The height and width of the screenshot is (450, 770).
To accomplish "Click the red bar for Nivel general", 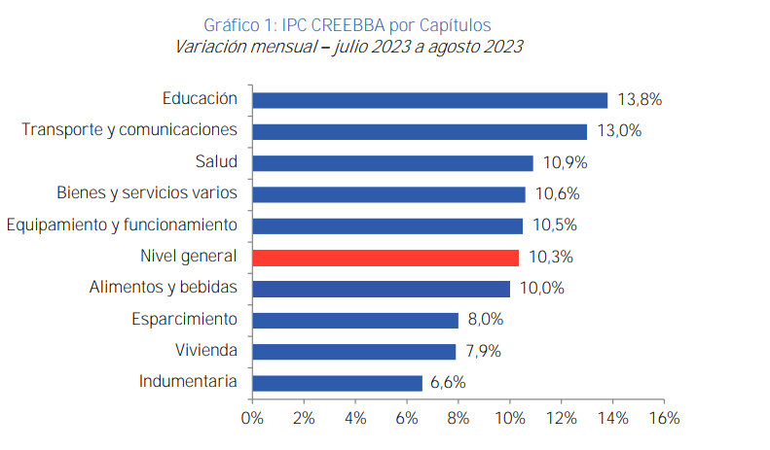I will (x=385, y=258).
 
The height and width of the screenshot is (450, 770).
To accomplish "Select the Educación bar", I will (x=429, y=99).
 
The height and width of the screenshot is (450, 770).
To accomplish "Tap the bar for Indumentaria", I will (x=337, y=383).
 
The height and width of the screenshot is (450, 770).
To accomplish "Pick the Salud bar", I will (x=392, y=162).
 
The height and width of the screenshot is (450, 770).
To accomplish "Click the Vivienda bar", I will (x=353, y=351).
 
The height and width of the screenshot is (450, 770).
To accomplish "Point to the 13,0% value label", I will (x=618, y=131).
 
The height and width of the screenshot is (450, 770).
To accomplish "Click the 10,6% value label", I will (x=556, y=193).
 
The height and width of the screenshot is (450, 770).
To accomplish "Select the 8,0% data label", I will (x=485, y=320).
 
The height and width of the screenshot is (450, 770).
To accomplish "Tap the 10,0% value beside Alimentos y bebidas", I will (x=540, y=289).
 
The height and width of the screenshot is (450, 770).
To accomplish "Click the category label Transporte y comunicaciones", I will (x=129, y=130).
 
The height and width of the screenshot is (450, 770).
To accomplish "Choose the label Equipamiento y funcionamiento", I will (x=122, y=225).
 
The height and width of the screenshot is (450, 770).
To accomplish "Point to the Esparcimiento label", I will (x=184, y=319).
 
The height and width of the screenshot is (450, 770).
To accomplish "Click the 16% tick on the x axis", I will (x=663, y=419).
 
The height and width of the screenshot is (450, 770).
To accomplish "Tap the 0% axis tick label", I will (x=252, y=419).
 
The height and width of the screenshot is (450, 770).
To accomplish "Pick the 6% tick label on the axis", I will (x=406, y=419).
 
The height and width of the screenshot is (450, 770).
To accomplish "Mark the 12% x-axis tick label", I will (x=561, y=419).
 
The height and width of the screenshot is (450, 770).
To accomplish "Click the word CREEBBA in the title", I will (x=352, y=23).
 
